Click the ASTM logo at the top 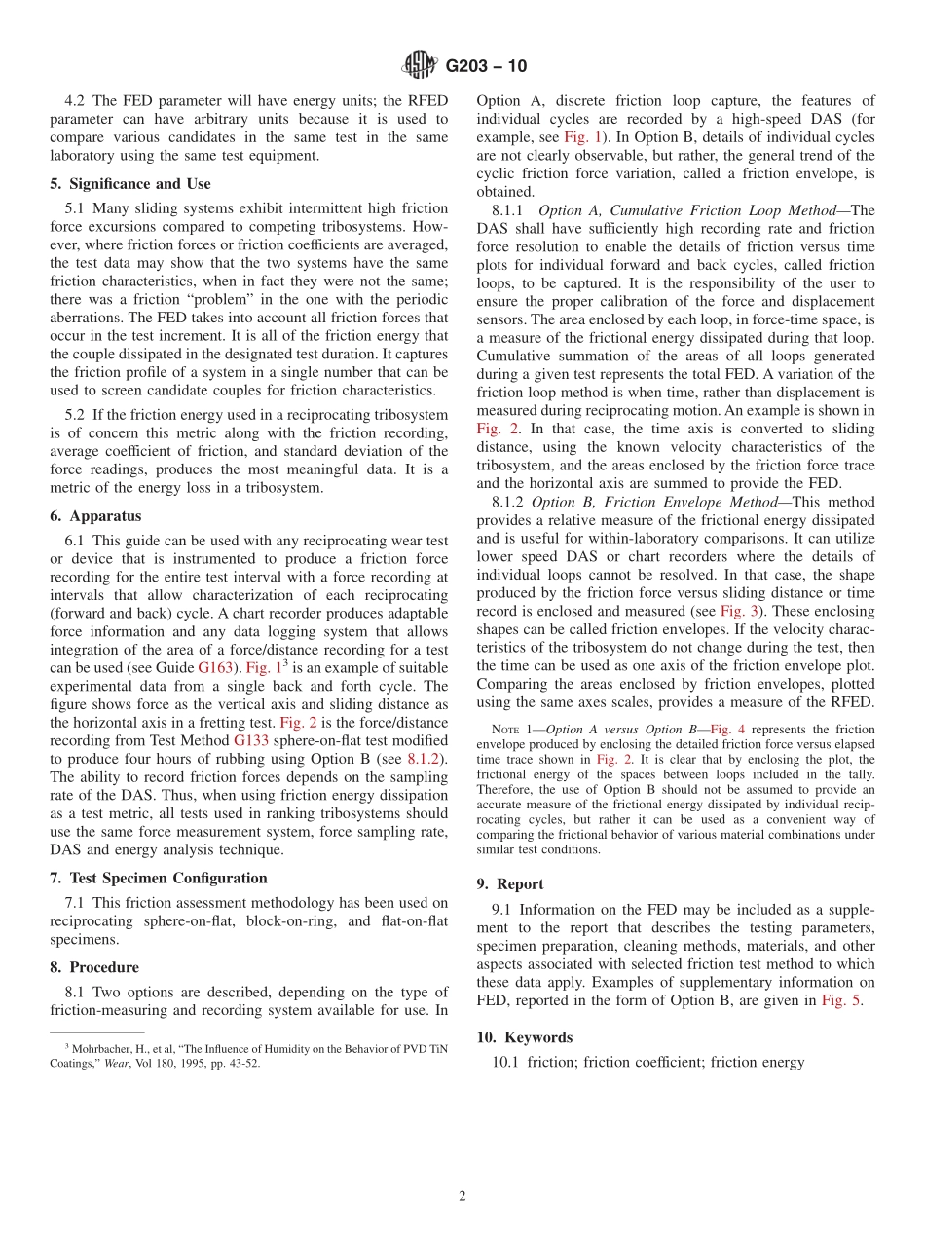pos(420,66)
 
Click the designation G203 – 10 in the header pos(486,66)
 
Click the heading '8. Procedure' pos(94,967)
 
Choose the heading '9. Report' pos(510,884)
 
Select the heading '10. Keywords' pos(525,1037)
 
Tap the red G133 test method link pos(250,740)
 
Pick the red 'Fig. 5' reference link pos(840,1000)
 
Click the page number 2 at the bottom pos(462,1197)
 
